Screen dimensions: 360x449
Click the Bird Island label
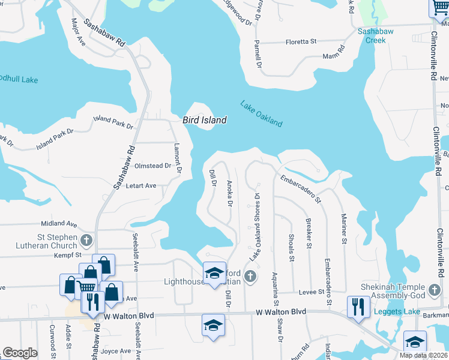205,120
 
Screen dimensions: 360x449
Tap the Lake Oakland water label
261,113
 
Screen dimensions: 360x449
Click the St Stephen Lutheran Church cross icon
86,241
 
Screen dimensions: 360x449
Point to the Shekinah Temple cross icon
435,292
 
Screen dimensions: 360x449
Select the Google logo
20,353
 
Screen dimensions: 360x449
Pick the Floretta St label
301,42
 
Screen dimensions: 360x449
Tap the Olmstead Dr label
153,166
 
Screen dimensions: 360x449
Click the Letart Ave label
141,186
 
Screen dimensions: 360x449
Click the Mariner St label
344,229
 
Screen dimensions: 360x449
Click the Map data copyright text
423,355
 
